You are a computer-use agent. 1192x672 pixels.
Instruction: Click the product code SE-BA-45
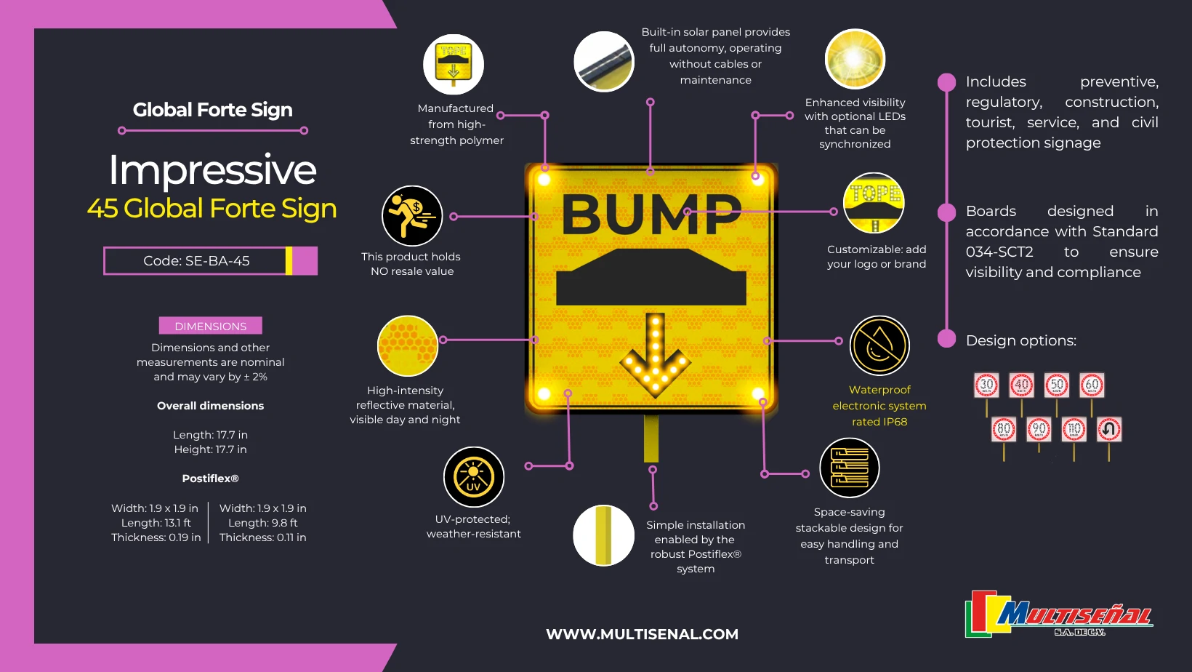pos(196,261)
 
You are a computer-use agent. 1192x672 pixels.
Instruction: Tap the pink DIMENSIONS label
pos(210,326)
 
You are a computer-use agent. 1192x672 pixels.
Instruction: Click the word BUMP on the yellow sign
pos(651,215)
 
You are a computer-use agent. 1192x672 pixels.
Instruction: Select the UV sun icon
pos(474,477)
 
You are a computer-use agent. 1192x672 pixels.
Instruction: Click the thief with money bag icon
pos(412,216)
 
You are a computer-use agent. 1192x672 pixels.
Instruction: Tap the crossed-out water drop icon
pos(879,345)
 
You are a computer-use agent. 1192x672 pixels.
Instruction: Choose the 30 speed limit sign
pos(986,385)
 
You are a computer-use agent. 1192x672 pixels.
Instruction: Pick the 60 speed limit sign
pos(1092,385)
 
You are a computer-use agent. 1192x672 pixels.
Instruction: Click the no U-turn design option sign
pos(1109,430)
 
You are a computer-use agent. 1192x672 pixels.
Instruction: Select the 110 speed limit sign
pos(1074,430)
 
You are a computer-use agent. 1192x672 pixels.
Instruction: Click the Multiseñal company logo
pos(1059,615)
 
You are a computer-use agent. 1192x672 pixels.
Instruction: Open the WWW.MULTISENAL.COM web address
pos(642,634)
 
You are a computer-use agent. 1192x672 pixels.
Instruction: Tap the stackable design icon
pos(849,468)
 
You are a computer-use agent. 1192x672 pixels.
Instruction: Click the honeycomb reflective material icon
pos(408,346)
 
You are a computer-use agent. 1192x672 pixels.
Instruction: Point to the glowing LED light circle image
pos(855,59)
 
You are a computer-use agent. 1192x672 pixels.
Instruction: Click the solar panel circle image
pos(604,62)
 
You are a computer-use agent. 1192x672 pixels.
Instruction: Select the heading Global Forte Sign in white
pos(212,110)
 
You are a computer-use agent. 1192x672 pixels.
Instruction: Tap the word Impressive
pos(212,169)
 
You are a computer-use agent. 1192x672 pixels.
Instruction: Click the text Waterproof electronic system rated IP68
pos(879,406)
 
